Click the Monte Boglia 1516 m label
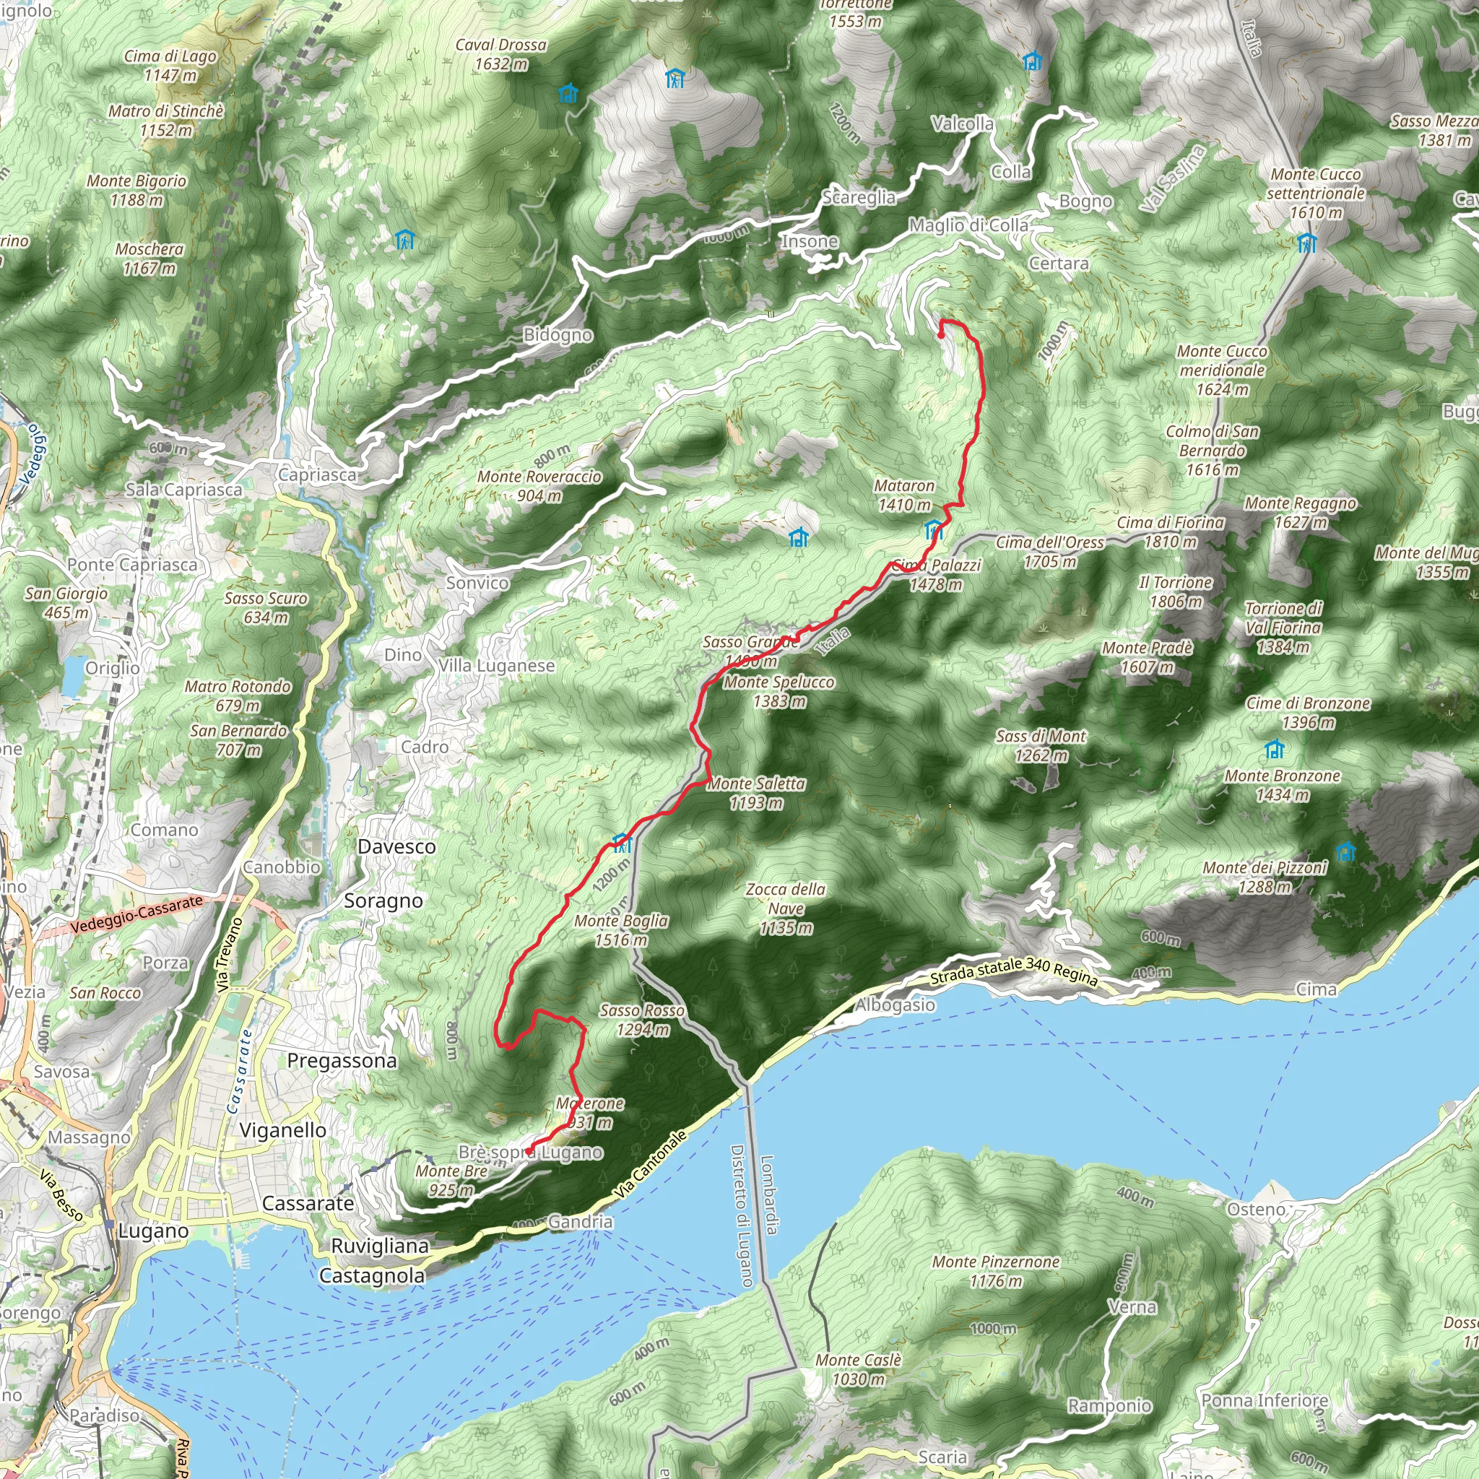[x=621, y=930]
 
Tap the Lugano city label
[x=153, y=1231]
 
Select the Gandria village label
[x=581, y=1222]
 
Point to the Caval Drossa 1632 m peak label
[x=500, y=54]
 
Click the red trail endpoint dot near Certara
[x=940, y=334]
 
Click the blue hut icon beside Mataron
[x=932, y=529]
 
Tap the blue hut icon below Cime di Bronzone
[x=1275, y=748]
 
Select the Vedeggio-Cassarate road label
[x=136, y=914]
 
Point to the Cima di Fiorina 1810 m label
[x=1170, y=532]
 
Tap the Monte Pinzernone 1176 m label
[x=995, y=1271]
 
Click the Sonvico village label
[x=477, y=583]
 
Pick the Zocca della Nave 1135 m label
[x=786, y=908]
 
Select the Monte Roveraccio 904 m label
[x=539, y=485]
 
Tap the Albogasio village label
[x=894, y=1005]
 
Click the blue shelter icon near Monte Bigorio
[x=404, y=240]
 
